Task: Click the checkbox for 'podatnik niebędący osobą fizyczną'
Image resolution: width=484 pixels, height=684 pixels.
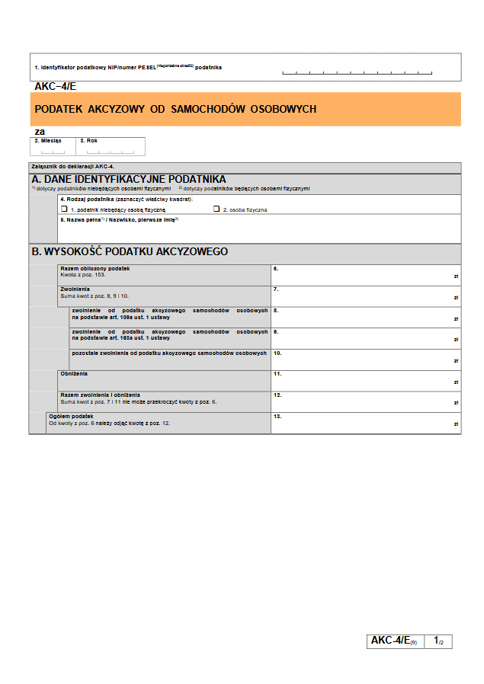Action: tap(64, 208)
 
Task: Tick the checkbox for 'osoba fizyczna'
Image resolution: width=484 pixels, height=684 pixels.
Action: tap(216, 208)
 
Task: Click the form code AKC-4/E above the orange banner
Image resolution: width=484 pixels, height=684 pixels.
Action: tap(56, 87)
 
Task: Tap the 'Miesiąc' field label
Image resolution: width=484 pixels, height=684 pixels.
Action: tap(47, 141)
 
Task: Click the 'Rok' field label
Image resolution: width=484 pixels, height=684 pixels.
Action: tap(89, 141)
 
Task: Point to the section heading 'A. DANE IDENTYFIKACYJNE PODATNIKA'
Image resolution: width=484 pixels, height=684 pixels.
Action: tap(129, 179)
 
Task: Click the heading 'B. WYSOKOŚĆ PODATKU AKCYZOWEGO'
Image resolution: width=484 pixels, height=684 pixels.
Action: tap(130, 251)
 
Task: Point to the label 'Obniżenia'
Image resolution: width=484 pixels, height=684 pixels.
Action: tap(74, 373)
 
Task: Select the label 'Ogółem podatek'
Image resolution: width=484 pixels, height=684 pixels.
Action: tap(71, 416)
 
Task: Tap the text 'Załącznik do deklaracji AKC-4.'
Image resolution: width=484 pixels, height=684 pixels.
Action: tap(72, 166)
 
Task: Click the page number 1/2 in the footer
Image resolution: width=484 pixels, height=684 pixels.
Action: tap(438, 641)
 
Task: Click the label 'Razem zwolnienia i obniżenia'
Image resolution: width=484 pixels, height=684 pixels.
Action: tap(100, 395)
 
